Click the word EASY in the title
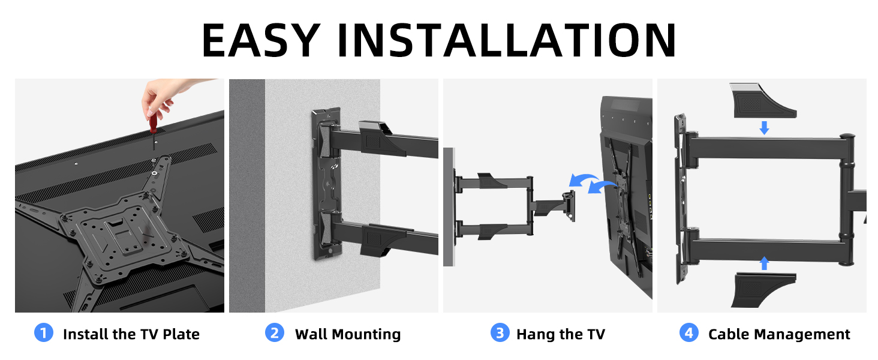(x=261, y=40)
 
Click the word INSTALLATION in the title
(x=507, y=40)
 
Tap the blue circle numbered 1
(x=44, y=333)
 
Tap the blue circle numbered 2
(x=275, y=333)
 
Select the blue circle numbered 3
(x=500, y=333)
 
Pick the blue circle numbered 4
(x=688, y=333)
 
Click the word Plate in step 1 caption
(x=181, y=334)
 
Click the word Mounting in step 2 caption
(x=367, y=335)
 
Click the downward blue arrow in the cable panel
(x=764, y=128)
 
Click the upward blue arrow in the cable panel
(x=764, y=263)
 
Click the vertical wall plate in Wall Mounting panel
(x=327, y=184)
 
